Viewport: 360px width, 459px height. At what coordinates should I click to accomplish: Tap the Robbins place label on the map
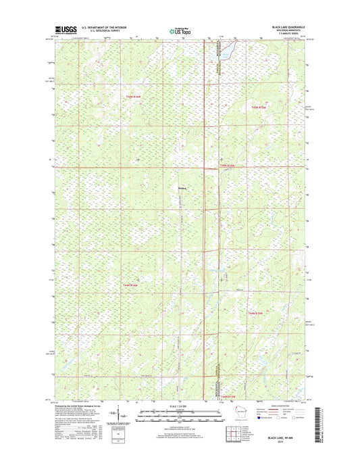click(182, 188)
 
